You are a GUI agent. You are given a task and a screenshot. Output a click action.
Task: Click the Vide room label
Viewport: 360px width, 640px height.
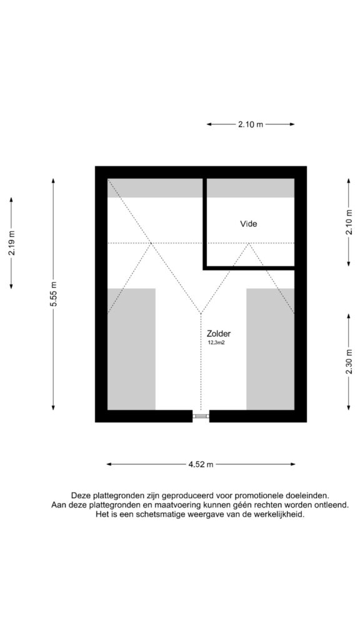[x=249, y=224]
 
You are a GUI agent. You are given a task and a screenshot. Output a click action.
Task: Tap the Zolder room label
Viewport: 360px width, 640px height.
[x=221, y=332]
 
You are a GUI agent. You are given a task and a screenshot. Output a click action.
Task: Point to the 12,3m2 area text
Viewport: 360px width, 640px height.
[x=217, y=343]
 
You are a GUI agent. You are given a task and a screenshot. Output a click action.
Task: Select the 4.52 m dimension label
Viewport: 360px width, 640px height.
[x=201, y=464]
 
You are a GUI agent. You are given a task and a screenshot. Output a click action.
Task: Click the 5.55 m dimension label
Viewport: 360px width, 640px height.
[x=54, y=294]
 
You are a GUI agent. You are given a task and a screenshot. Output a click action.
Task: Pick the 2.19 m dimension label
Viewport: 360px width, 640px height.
[x=11, y=243]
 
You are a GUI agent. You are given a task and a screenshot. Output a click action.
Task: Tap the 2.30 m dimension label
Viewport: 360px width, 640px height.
[x=349, y=362]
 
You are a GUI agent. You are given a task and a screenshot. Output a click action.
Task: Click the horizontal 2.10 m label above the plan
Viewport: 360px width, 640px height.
[x=251, y=124]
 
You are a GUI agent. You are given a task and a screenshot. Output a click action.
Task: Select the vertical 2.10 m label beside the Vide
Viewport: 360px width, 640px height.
[x=349, y=222]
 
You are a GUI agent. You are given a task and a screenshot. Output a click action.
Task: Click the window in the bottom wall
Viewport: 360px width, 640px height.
[x=201, y=416]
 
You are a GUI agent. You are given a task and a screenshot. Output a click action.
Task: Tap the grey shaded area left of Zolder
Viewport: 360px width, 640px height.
[x=131, y=349]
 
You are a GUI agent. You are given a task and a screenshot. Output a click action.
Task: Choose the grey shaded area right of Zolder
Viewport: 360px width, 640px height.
[x=270, y=349]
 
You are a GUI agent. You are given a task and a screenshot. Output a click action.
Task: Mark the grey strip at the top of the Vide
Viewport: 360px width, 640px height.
[x=251, y=188]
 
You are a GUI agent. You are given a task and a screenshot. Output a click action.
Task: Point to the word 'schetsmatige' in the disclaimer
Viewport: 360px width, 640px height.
[x=161, y=515]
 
